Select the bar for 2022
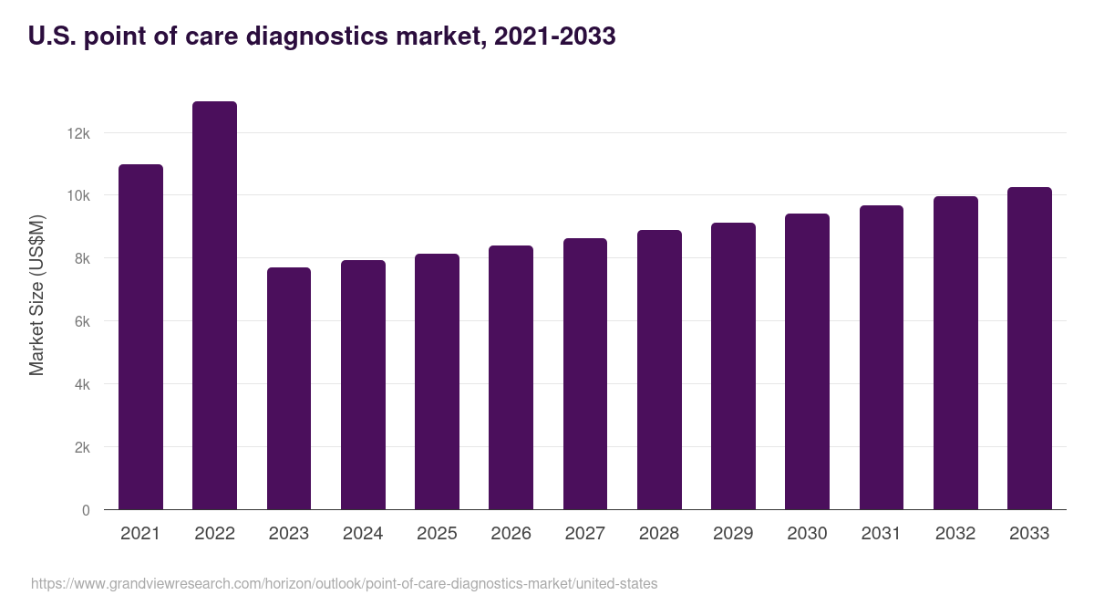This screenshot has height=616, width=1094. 214,306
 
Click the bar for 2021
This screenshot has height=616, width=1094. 140,337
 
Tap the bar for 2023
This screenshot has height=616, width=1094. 289,389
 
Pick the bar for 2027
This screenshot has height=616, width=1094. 585,374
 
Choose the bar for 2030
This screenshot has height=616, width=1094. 807,361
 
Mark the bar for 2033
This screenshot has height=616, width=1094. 1029,349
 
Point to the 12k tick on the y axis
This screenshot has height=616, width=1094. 78,133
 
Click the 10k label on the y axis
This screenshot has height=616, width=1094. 78,196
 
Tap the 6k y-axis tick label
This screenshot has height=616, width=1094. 81,322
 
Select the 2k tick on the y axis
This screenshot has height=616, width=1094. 81,448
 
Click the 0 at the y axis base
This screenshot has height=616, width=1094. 86,510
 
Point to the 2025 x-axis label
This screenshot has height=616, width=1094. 437,534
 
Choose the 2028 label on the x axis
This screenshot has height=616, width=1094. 659,534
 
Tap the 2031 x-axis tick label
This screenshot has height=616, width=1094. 882,534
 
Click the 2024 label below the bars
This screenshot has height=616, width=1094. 363,534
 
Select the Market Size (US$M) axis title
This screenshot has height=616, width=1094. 36,295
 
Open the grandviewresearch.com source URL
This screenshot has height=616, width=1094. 344,583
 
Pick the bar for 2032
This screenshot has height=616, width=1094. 955,353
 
